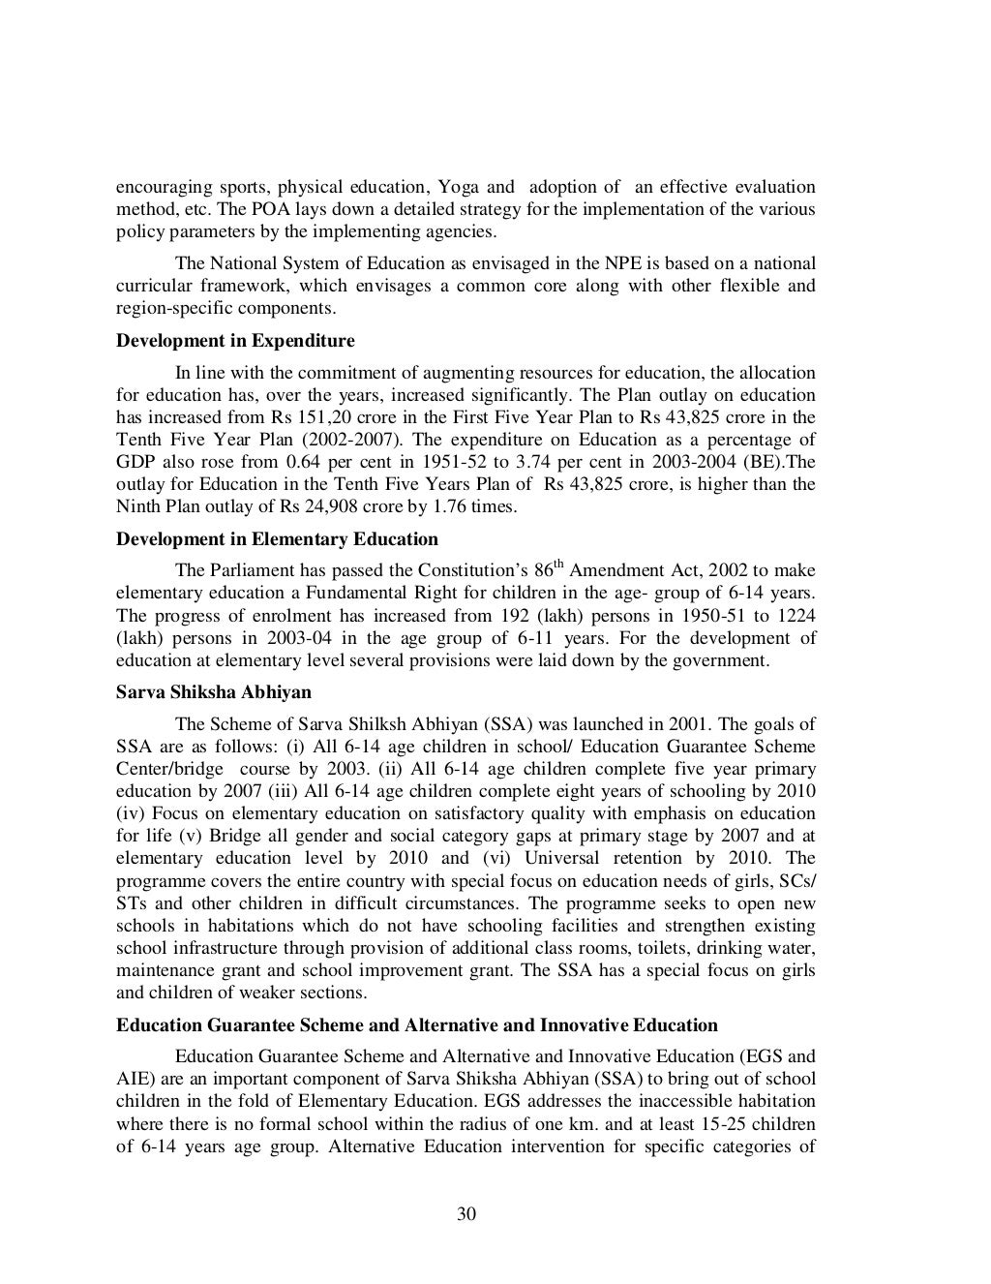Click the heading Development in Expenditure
point(235,341)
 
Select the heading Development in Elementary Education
point(277,539)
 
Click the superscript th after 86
point(559,564)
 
